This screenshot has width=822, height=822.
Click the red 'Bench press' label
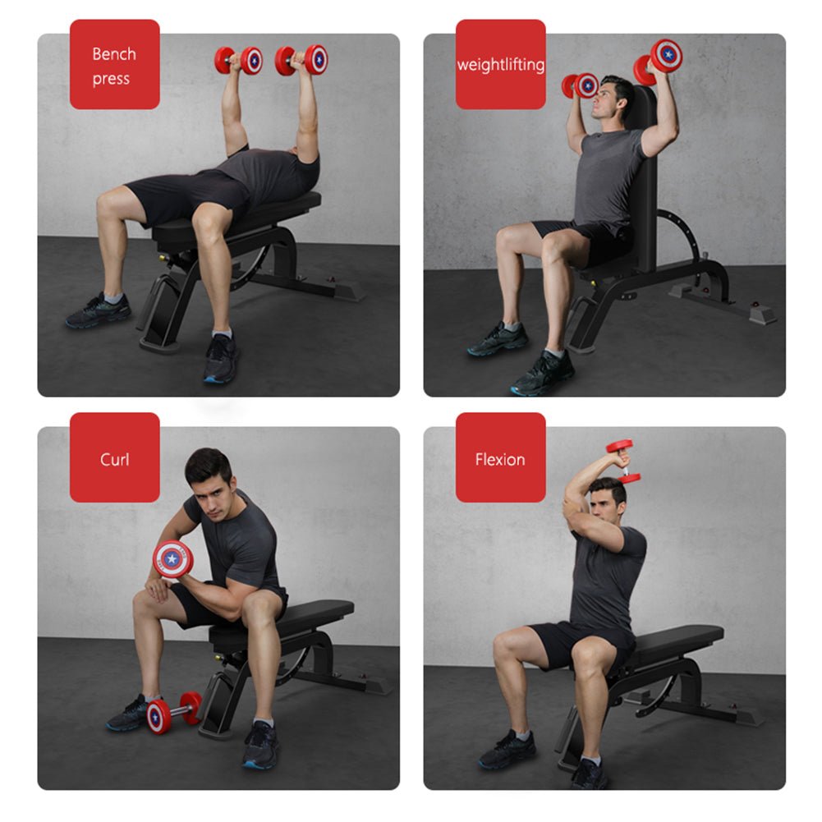114,65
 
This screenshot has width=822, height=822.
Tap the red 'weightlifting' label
500,65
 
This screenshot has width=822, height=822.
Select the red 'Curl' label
114,457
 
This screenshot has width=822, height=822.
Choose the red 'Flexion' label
500,457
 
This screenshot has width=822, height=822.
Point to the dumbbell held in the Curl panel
172,558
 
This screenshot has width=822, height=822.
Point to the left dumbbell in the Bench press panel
238,60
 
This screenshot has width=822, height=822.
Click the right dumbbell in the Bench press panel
302,59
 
